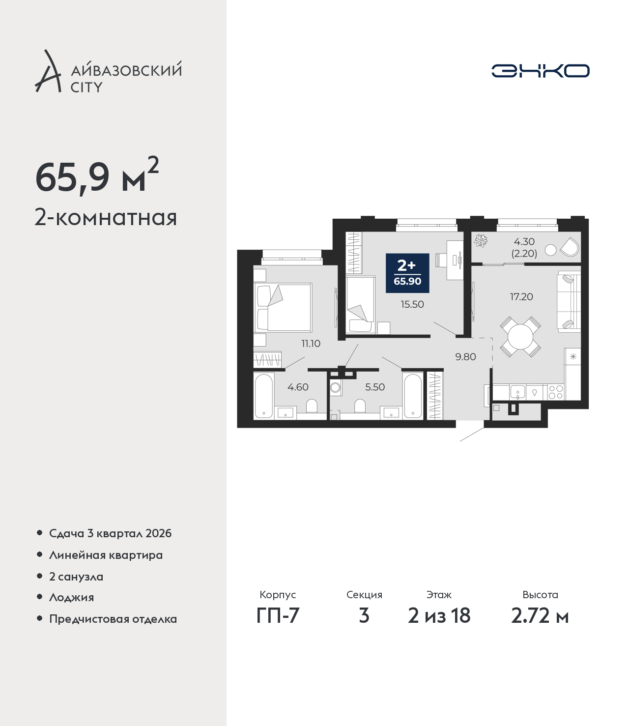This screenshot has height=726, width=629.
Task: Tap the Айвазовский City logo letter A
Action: [47, 71]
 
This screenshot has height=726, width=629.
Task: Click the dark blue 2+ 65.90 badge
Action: [407, 273]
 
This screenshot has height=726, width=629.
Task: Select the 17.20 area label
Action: [521, 297]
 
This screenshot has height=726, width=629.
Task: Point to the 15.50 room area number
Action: [412, 304]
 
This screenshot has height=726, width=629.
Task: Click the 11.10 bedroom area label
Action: [311, 344]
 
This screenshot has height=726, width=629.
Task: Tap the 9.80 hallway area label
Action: [465, 357]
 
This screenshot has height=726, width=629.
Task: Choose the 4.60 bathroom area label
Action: [298, 387]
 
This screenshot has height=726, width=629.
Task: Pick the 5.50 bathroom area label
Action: [375, 387]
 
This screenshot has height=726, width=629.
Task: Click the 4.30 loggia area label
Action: [524, 242]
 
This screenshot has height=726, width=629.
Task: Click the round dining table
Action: [520, 337]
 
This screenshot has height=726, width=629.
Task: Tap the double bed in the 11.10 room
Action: [283, 307]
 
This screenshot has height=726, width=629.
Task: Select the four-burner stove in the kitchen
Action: [556, 392]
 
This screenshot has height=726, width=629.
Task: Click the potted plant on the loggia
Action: [481, 240]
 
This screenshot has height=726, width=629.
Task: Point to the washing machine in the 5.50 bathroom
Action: [336, 388]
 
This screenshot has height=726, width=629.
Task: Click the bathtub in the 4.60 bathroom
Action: [264, 396]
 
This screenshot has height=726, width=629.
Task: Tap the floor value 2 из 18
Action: [439, 616]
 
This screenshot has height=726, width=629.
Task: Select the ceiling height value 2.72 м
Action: [540, 616]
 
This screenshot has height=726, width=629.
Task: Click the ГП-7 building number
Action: [278, 616]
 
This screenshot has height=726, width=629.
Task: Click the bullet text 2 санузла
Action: [76, 577]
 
